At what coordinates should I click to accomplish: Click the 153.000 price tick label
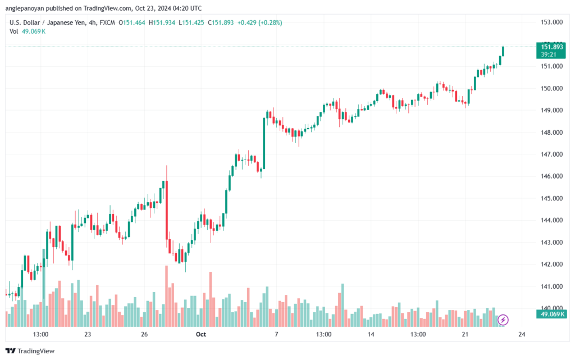[551, 22]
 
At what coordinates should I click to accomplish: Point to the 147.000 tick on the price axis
[551, 154]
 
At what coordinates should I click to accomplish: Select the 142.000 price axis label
[551, 265]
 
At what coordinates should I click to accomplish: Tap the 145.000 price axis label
[551, 198]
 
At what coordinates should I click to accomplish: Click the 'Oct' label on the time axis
[201, 334]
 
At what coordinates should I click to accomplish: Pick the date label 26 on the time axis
[144, 334]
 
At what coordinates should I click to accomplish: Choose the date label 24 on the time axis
[522, 334]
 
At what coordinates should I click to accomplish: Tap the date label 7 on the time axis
[276, 334]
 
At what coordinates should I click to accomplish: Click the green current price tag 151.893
[551, 50]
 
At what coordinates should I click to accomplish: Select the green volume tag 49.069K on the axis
[551, 314]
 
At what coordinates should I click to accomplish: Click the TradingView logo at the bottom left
[30, 351]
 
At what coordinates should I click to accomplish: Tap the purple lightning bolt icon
[503, 320]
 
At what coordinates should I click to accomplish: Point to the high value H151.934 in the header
[162, 22]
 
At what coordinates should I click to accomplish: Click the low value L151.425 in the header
[191, 22]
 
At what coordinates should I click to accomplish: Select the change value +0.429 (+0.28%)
[259, 22]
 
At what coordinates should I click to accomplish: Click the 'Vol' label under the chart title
[13, 31]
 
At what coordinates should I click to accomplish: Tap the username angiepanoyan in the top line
[25, 8]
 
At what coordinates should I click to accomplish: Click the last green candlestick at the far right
[503, 51]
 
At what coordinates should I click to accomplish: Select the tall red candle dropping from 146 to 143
[167, 209]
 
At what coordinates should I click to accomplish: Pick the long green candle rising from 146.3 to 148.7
[264, 143]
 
